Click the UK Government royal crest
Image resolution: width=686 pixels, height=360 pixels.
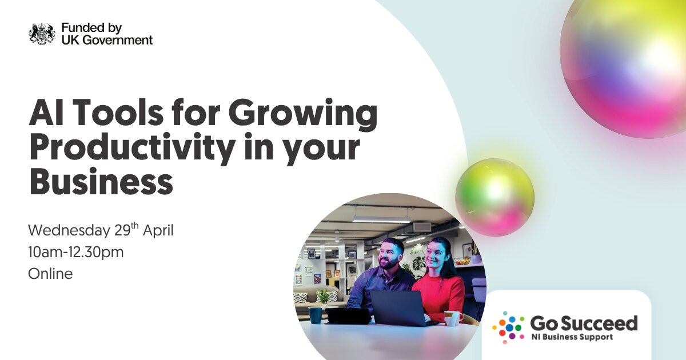(42, 34)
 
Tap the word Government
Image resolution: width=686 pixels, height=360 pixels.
(118, 40)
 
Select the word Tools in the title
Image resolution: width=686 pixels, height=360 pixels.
(118, 113)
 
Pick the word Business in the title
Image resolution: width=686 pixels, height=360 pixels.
(101, 182)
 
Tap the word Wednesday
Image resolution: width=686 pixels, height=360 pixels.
(69, 230)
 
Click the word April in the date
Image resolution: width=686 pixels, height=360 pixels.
(158, 231)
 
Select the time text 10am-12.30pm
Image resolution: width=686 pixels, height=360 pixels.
(76, 253)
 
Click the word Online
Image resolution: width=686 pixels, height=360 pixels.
(50, 274)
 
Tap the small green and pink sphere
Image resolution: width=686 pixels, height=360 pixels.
(494, 197)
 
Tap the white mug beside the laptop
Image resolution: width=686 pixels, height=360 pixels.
(453, 318)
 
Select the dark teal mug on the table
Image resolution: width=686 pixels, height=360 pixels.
(315, 315)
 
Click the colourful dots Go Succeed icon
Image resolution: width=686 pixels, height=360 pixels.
(509, 327)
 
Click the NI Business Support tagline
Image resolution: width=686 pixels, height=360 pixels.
(572, 337)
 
